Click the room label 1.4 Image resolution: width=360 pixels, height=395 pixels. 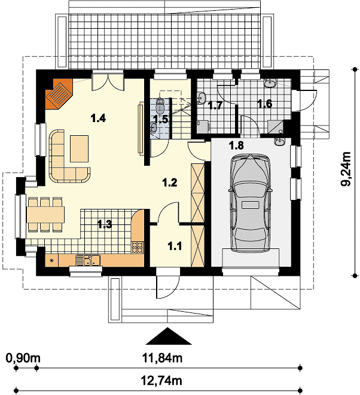(x=98, y=118)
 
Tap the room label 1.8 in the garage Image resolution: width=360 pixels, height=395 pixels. (x=236, y=145)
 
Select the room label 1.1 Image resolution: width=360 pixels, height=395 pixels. (x=175, y=246)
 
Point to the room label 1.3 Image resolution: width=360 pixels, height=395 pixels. (x=105, y=224)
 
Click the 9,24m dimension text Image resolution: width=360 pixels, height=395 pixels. (x=346, y=169)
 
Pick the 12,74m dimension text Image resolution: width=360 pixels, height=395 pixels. (x=161, y=381)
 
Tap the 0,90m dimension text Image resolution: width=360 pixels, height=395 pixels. (x=23, y=358)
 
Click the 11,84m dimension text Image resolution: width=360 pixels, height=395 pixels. (x=163, y=358)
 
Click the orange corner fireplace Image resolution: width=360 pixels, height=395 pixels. (x=59, y=94)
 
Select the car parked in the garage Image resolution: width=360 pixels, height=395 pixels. (x=251, y=203)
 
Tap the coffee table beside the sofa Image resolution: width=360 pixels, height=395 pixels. (x=80, y=148)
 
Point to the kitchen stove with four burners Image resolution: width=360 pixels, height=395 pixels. (x=138, y=247)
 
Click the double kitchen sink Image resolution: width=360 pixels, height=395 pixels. (x=88, y=260)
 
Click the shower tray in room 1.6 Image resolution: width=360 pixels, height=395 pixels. (x=275, y=127)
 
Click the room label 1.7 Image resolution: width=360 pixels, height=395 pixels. (x=215, y=105)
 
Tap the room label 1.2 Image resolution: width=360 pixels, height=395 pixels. (x=170, y=183)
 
